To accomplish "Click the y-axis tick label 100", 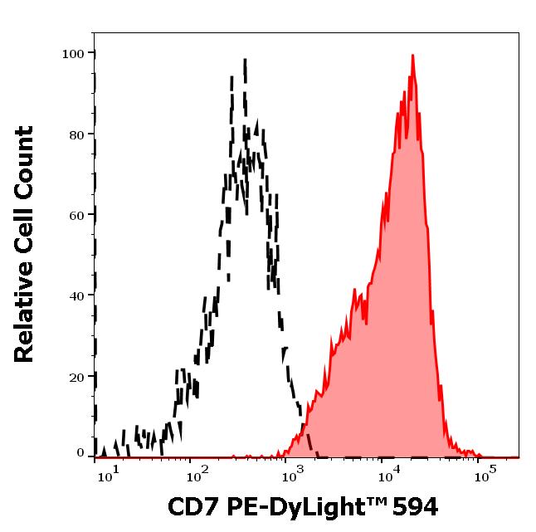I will pyautogui.click(x=74, y=54).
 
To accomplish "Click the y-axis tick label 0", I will pyautogui.click(x=80, y=453).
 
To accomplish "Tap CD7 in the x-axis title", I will pyautogui.click(x=190, y=506).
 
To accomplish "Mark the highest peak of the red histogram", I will pyautogui.click(x=412, y=56).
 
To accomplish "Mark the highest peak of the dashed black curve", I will pyautogui.click(x=246, y=59).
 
